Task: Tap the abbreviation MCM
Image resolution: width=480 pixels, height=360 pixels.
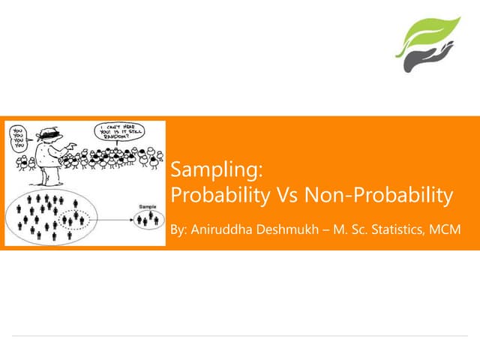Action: coord(444,228)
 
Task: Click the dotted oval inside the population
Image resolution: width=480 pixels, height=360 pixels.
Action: coord(76,220)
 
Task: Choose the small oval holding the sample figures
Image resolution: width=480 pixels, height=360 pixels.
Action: coord(147,219)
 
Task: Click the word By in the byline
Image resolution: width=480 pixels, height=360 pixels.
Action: coord(178,228)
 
